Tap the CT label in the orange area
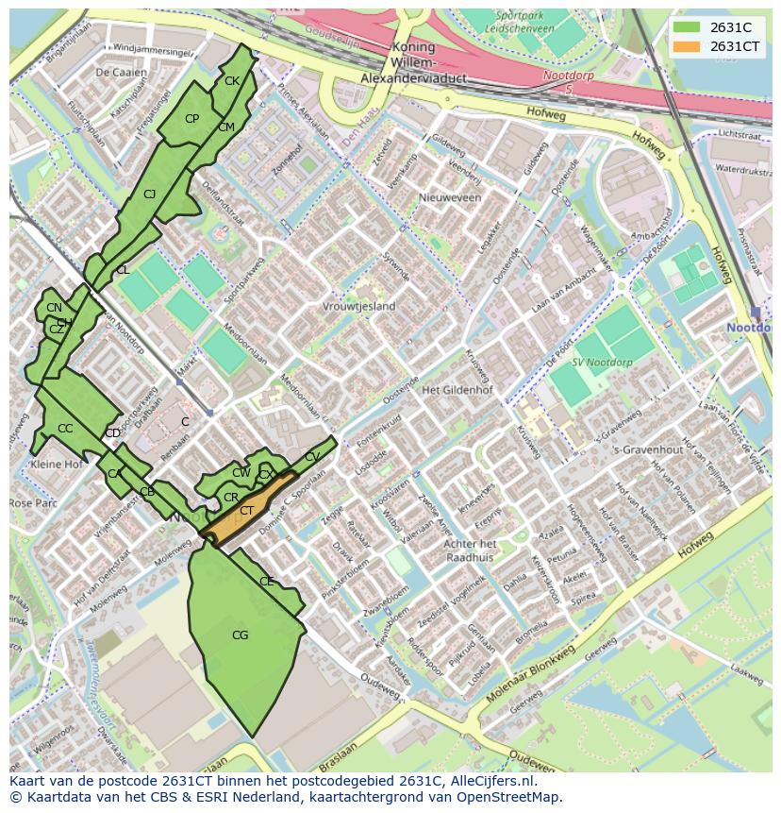coord(247,511)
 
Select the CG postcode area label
coord(241,635)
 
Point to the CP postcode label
coord(191,119)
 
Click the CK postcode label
coord(232,81)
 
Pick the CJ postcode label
coord(149,195)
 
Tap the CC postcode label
coord(65,429)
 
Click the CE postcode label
coord(267,582)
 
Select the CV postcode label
coord(312,457)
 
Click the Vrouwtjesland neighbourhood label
coord(359,307)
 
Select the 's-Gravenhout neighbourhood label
coord(647,449)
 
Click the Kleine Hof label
coord(58,465)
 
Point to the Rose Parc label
coord(33,503)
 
